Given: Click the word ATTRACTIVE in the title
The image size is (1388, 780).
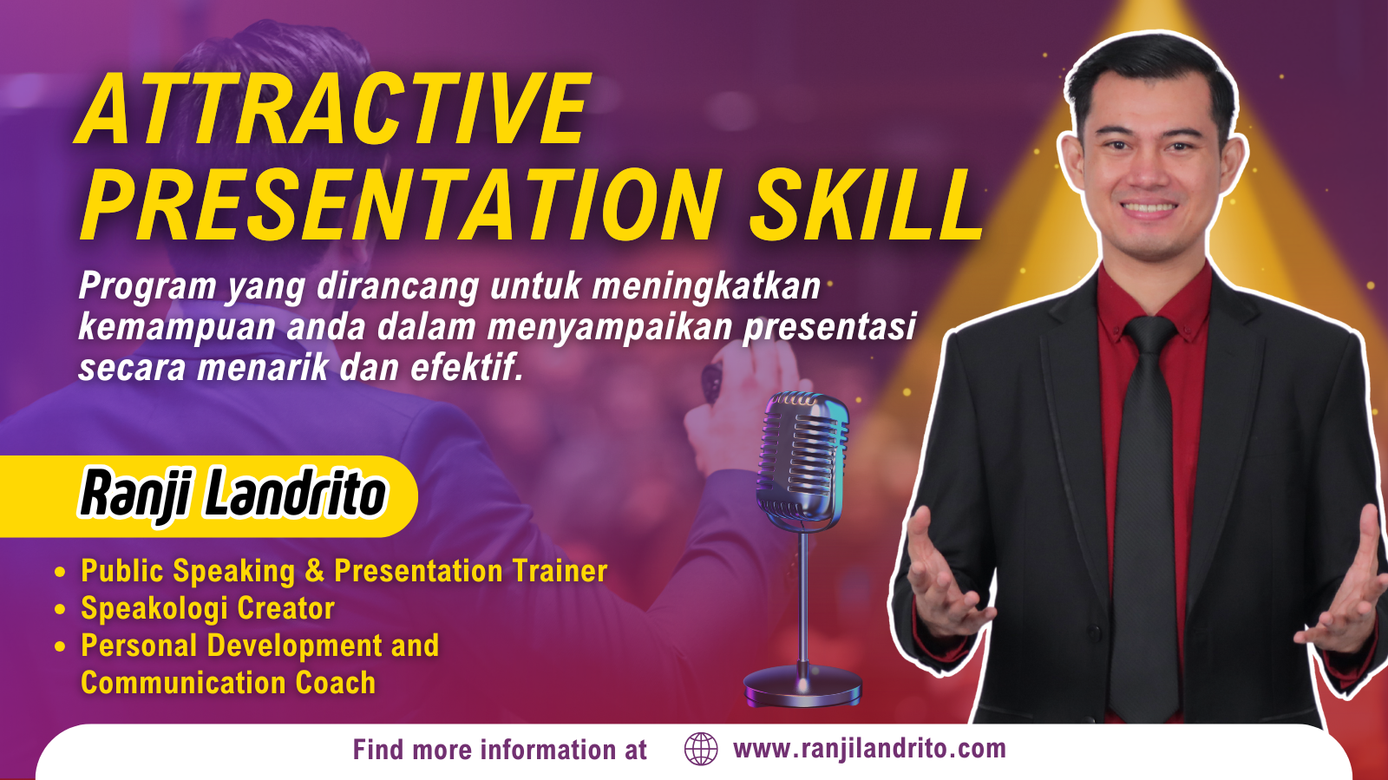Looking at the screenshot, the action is click(332, 109).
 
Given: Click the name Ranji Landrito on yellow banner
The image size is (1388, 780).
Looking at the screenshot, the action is click(233, 495).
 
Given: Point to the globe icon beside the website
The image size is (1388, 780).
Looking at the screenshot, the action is click(701, 749).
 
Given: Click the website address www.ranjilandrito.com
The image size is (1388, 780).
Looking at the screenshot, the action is click(869, 749).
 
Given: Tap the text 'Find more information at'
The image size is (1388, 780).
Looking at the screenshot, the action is click(500, 750).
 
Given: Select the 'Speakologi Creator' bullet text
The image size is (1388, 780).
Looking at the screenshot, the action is click(207, 608).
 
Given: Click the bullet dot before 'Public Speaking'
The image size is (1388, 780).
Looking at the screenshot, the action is click(60, 572).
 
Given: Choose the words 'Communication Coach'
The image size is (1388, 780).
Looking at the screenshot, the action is click(228, 683).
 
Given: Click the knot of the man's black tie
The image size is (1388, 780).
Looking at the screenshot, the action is click(1150, 335).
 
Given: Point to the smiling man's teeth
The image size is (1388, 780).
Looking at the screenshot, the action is click(1149, 206).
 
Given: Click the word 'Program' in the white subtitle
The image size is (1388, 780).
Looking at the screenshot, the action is click(147, 287).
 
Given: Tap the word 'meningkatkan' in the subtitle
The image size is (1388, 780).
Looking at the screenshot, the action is click(706, 286).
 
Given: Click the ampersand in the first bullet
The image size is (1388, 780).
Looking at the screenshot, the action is click(315, 571).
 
